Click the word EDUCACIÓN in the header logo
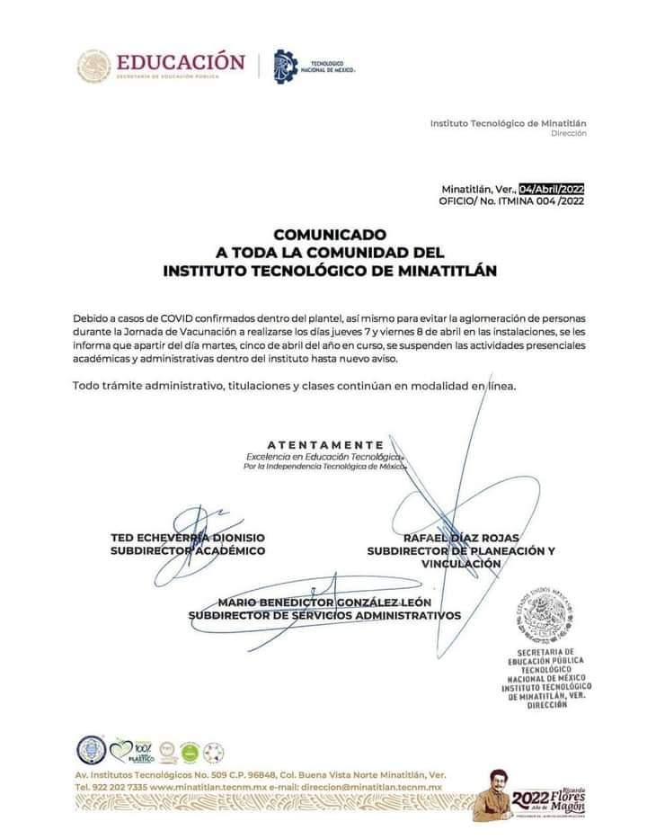(x=180, y=62)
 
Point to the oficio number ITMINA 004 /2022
(x=534, y=202)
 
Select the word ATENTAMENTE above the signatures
(x=325, y=445)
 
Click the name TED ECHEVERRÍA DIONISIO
(x=188, y=537)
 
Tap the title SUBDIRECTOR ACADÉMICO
(x=188, y=549)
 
